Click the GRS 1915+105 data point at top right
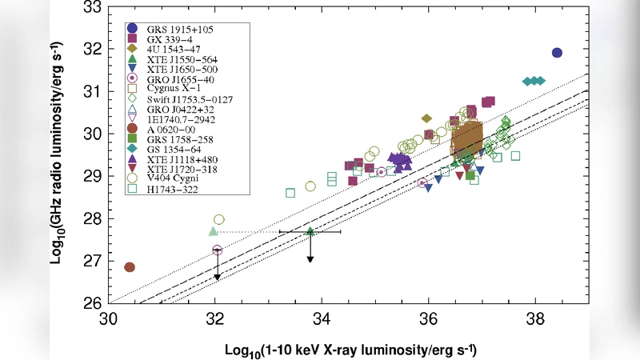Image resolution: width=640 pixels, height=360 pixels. (557, 53)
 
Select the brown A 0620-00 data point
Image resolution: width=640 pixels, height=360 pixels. (130, 267)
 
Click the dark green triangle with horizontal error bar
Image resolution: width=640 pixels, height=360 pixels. (310, 231)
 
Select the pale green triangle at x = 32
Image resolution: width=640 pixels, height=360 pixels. (214, 231)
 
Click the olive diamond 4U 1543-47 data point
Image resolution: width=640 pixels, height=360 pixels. (427, 118)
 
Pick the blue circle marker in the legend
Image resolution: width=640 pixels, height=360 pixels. (132, 29)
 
